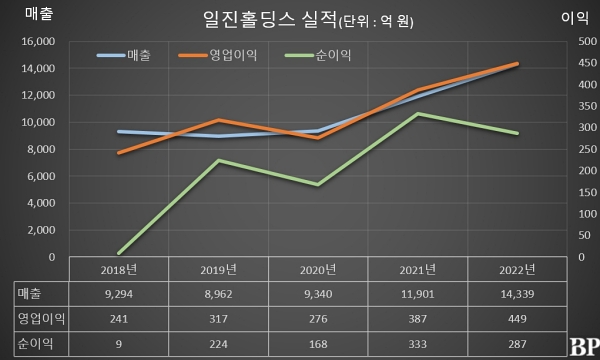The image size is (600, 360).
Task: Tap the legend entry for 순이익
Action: click(x=321, y=56)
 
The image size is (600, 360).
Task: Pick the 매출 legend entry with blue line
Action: click(x=124, y=56)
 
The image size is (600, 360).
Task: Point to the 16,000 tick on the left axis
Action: click(x=37, y=42)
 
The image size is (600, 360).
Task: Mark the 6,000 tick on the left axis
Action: click(x=40, y=177)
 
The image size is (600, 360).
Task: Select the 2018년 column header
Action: click(x=119, y=269)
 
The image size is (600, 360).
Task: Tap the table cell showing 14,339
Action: click(x=517, y=293)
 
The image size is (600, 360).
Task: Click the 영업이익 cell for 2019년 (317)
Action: click(x=219, y=318)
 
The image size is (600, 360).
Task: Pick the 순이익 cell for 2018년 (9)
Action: click(x=119, y=343)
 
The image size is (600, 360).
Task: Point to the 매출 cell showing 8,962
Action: click(x=219, y=293)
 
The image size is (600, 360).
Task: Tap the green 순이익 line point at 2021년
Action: click(x=418, y=114)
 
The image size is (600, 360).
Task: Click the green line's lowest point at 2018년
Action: click(x=119, y=253)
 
